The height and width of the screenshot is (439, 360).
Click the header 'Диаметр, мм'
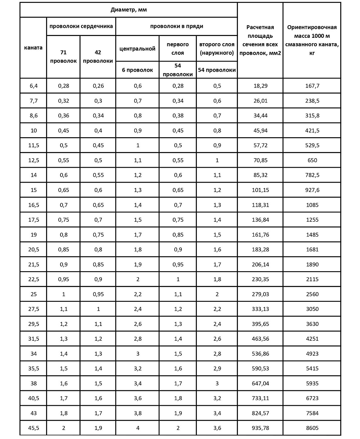[129, 10]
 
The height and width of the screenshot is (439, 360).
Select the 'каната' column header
[33, 48]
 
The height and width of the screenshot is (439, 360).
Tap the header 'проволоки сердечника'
[81, 26]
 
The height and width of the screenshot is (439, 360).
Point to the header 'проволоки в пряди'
[176, 26]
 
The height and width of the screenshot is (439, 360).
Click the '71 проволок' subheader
[63, 57]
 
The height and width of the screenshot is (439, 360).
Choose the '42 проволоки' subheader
[98, 57]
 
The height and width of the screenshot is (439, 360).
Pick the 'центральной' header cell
[137, 49]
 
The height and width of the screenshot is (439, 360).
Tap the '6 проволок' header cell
[137, 70]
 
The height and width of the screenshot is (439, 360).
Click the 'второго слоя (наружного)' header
[217, 49]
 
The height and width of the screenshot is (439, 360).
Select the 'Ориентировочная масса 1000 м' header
[312, 40]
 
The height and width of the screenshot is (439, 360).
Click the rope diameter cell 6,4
[33, 86]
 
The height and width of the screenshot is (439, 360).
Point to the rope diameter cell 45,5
[33, 428]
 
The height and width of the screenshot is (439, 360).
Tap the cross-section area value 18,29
[260, 86]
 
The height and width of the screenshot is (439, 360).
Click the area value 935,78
[260, 428]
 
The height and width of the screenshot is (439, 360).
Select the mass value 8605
[312, 428]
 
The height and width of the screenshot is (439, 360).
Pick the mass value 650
[312, 160]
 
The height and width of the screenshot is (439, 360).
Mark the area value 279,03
[260, 294]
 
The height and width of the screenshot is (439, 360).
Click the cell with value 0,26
[98, 86]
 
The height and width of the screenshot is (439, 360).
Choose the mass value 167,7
[312, 86]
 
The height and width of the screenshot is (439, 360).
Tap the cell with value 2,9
[217, 368]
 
